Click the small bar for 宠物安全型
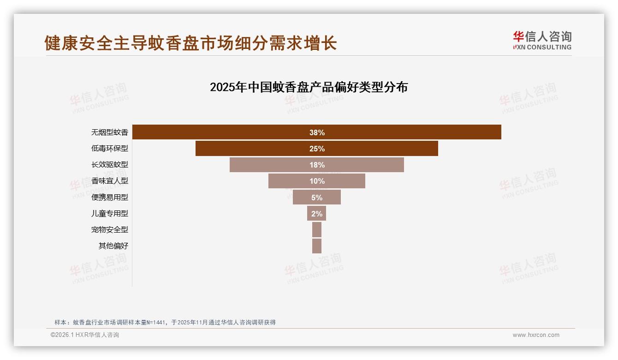pyautogui.click(x=317, y=229)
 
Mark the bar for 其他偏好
pyautogui.click(x=317, y=246)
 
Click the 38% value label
pyautogui.click(x=317, y=132)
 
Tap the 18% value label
pyautogui.click(x=317, y=165)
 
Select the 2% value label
pyautogui.click(x=317, y=213)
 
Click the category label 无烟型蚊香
pyautogui.click(x=110, y=132)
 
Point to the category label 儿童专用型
pyautogui.click(x=110, y=213)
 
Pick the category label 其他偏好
pyautogui.click(x=113, y=246)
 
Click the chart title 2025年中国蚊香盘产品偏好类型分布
pyautogui.click(x=309, y=87)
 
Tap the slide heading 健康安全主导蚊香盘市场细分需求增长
pyautogui.click(x=191, y=43)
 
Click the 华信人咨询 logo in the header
pyautogui.click(x=542, y=41)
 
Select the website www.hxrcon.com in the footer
pyautogui.click(x=536, y=335)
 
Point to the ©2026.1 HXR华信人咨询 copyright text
pyautogui.click(x=85, y=335)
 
